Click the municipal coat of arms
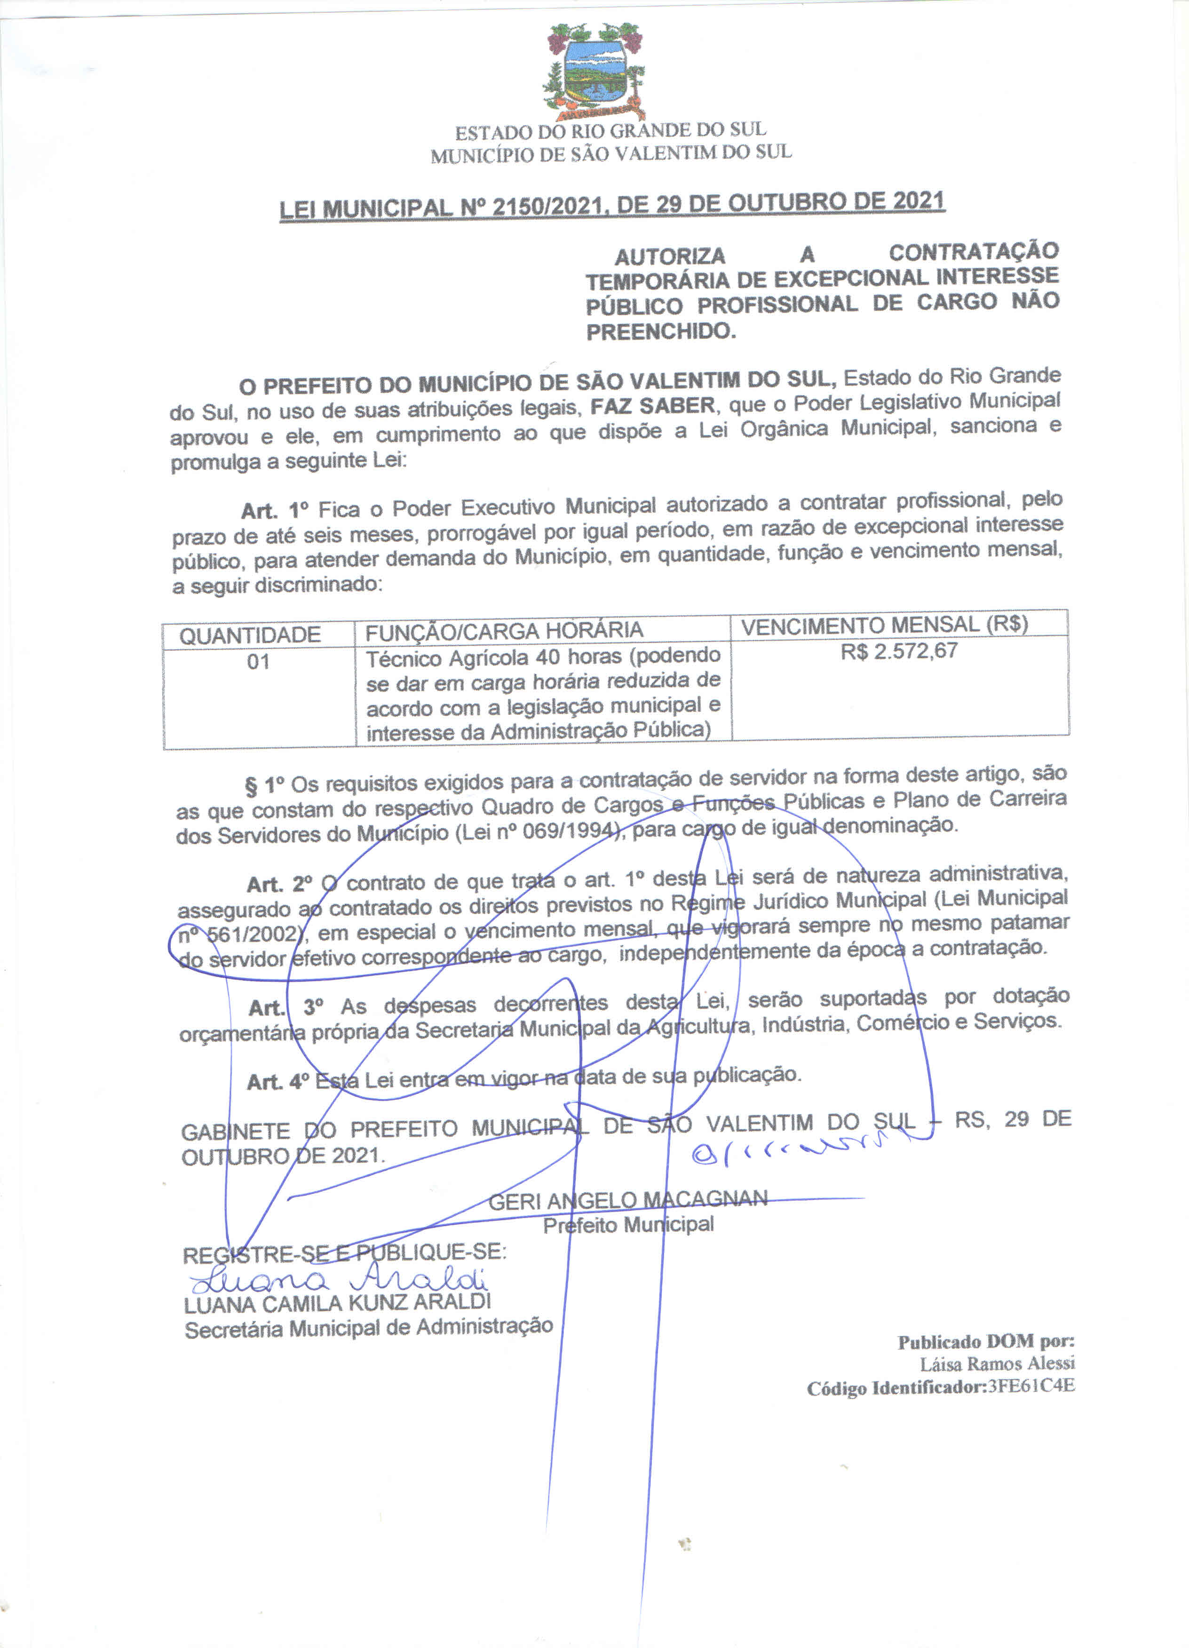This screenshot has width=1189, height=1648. pyautogui.click(x=594, y=71)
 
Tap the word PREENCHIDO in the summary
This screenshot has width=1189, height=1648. pyautogui.click(x=661, y=332)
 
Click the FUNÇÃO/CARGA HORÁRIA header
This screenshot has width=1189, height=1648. pyautogui.click(x=504, y=631)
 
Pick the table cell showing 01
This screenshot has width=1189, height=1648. pyautogui.click(x=258, y=662)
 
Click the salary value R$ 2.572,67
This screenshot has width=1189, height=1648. pyautogui.click(x=899, y=651)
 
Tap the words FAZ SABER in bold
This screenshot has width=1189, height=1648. pyautogui.click(x=653, y=405)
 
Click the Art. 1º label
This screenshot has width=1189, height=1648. pyautogui.click(x=275, y=510)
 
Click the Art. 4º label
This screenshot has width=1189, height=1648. pyautogui.click(x=277, y=1082)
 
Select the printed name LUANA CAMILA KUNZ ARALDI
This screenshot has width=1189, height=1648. pyautogui.click(x=337, y=1303)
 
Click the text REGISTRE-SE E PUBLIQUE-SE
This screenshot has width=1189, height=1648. pyautogui.click(x=344, y=1253)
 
